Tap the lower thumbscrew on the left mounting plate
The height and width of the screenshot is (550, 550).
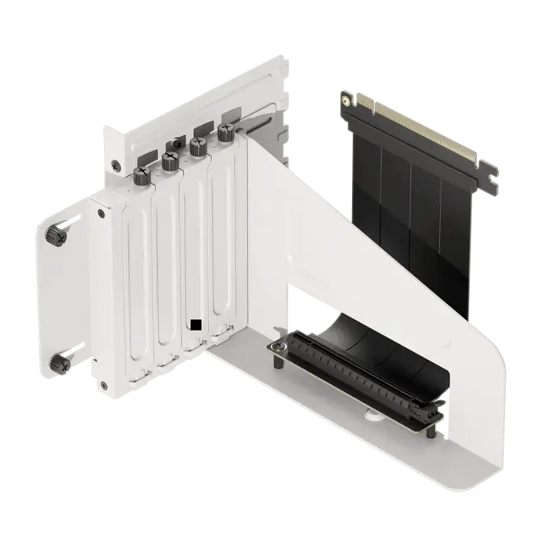coord(59,361)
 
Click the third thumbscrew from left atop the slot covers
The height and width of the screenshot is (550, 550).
coord(198,145)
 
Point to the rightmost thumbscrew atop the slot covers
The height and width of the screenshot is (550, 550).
coord(225,134)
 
